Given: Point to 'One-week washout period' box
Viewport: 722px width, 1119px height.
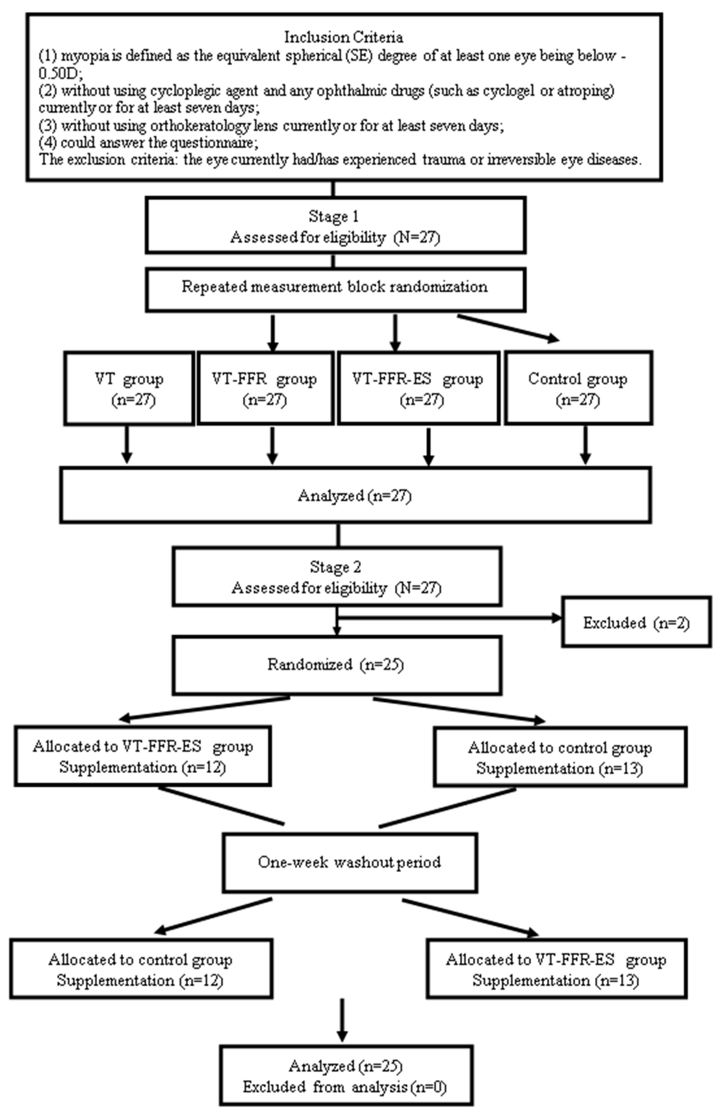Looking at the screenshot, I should coord(350,862).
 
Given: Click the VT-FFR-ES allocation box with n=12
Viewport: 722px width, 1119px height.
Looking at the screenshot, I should coord(143,756).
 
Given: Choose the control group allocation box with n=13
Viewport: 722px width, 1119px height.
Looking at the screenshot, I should coord(560,757).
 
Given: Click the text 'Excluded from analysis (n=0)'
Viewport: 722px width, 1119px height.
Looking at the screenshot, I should coord(345,1087).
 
